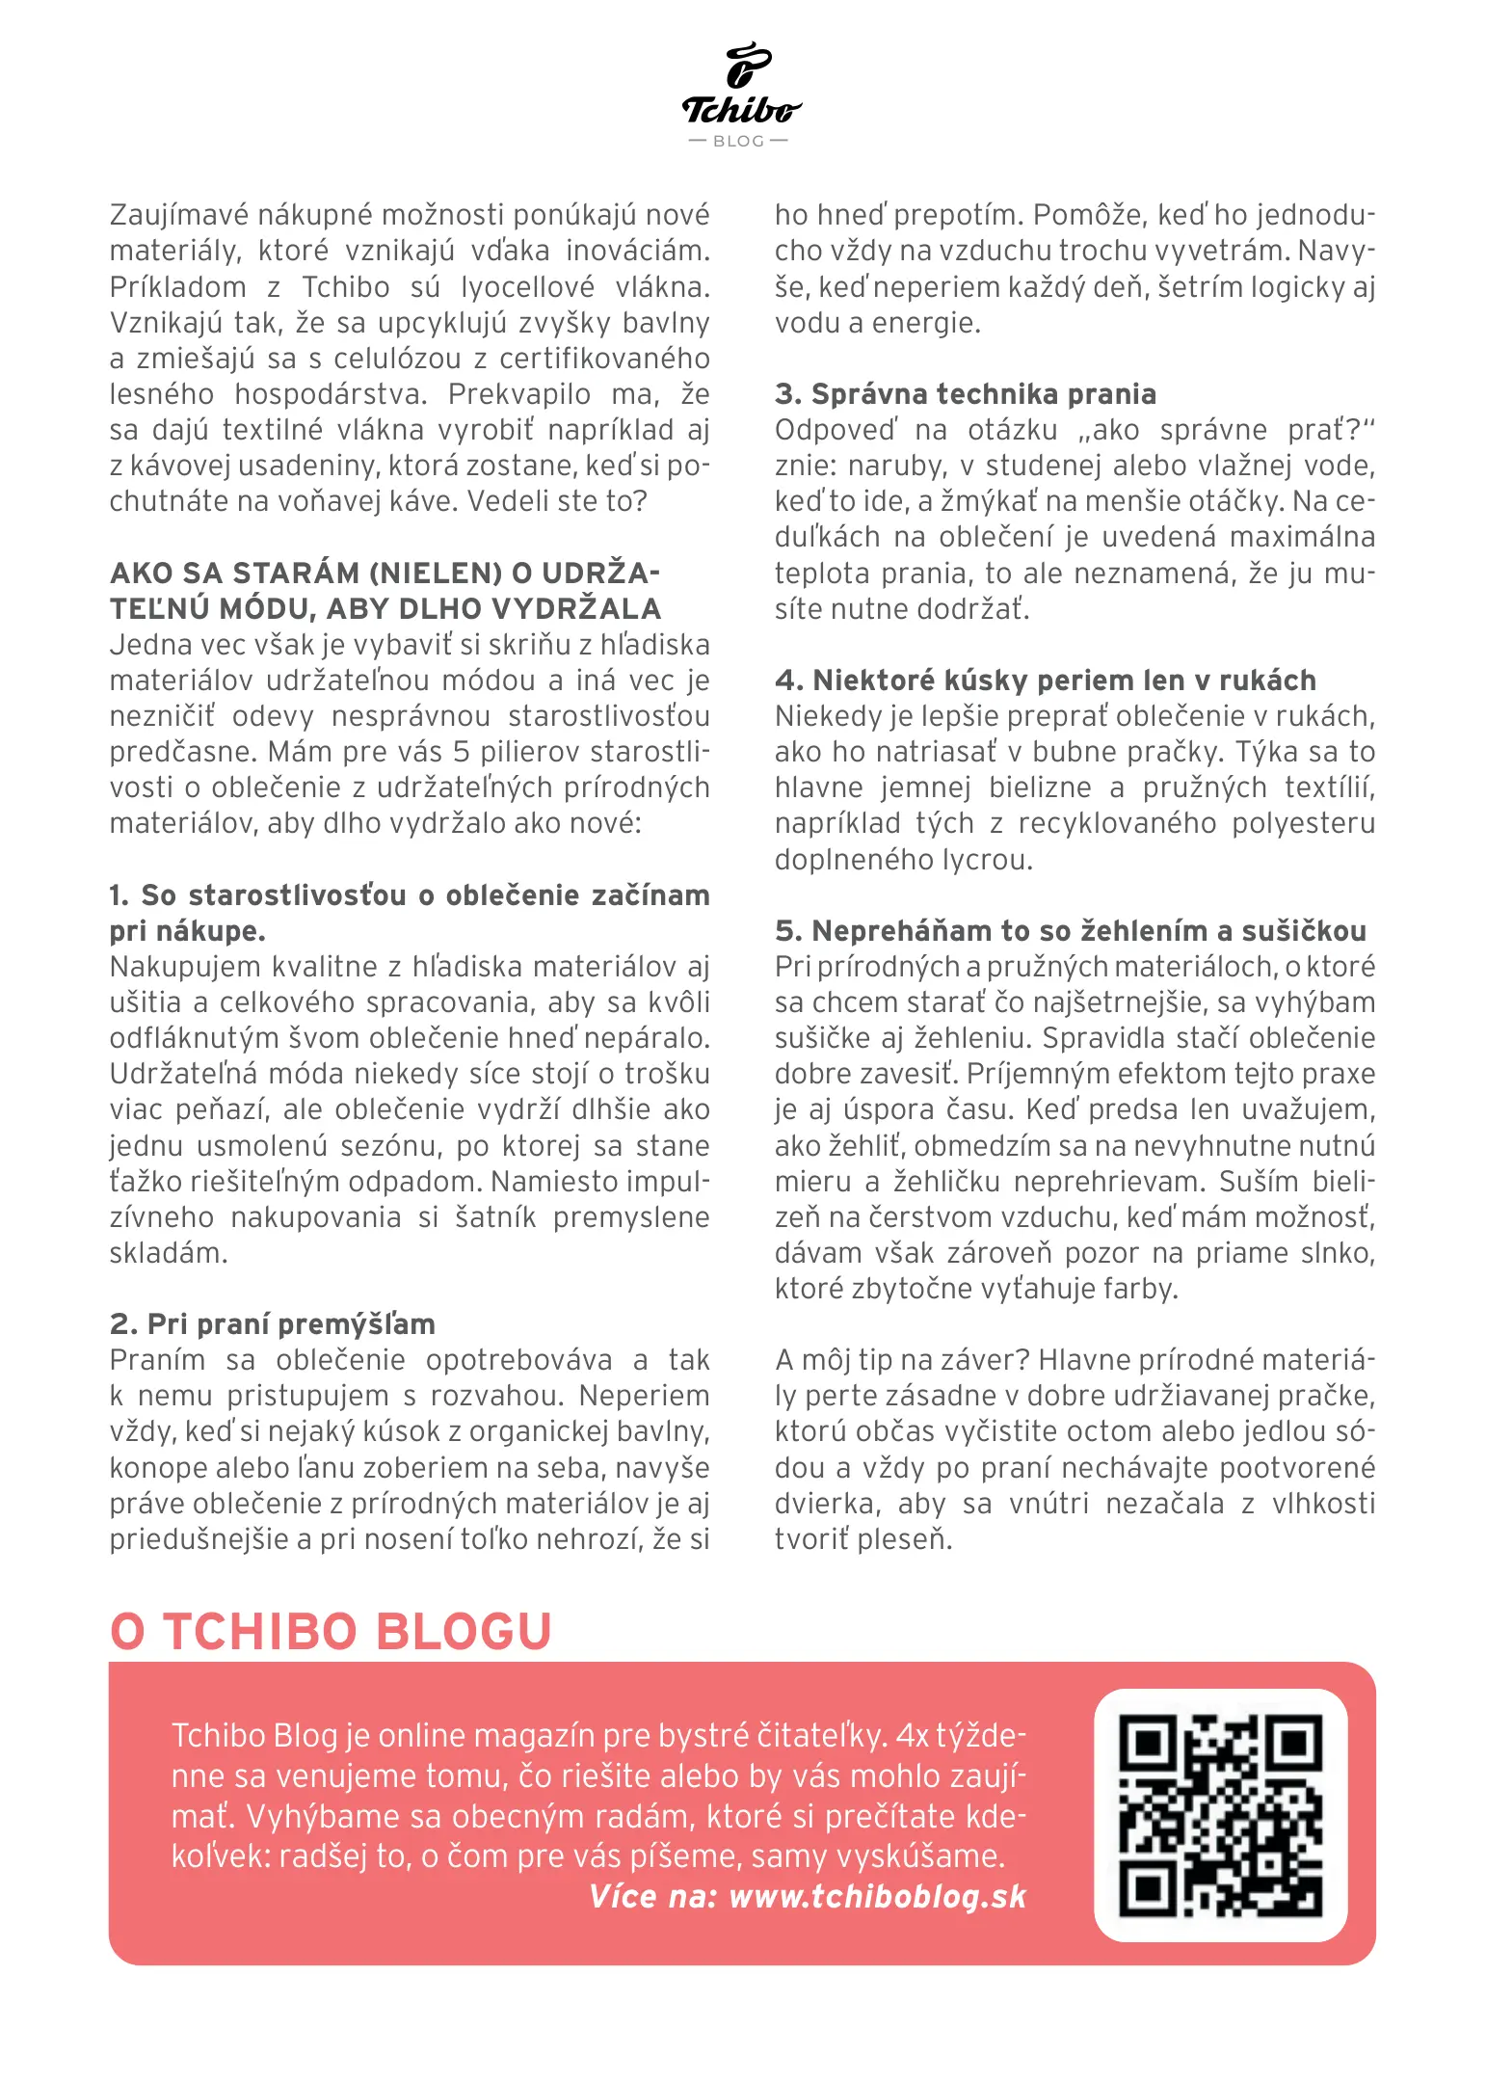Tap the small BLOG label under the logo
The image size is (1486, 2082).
pyautogui.click(x=739, y=142)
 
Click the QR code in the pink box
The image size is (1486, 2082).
pyautogui.click(x=1220, y=1815)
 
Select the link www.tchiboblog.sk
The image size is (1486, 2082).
pyautogui.click(x=877, y=1896)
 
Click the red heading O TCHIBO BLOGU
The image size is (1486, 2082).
pyautogui.click(x=331, y=1632)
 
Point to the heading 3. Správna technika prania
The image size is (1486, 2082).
pyautogui.click(x=965, y=394)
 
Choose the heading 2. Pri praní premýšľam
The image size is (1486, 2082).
pyautogui.click(x=273, y=1323)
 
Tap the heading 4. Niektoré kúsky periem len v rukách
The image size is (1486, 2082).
pyautogui.click(x=1045, y=681)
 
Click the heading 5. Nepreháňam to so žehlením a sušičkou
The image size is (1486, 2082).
pyautogui.click(x=1070, y=931)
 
